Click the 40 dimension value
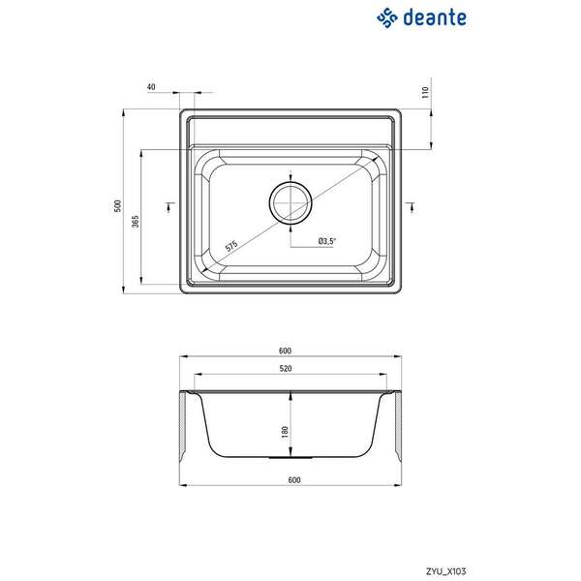pyautogui.click(x=152, y=87)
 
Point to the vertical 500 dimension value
pyautogui.click(x=115, y=206)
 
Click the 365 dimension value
pyautogui.click(x=136, y=222)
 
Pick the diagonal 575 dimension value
pyautogui.click(x=231, y=246)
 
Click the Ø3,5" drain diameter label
pyautogui.click(x=325, y=240)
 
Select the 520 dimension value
pyautogui.click(x=290, y=369)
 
